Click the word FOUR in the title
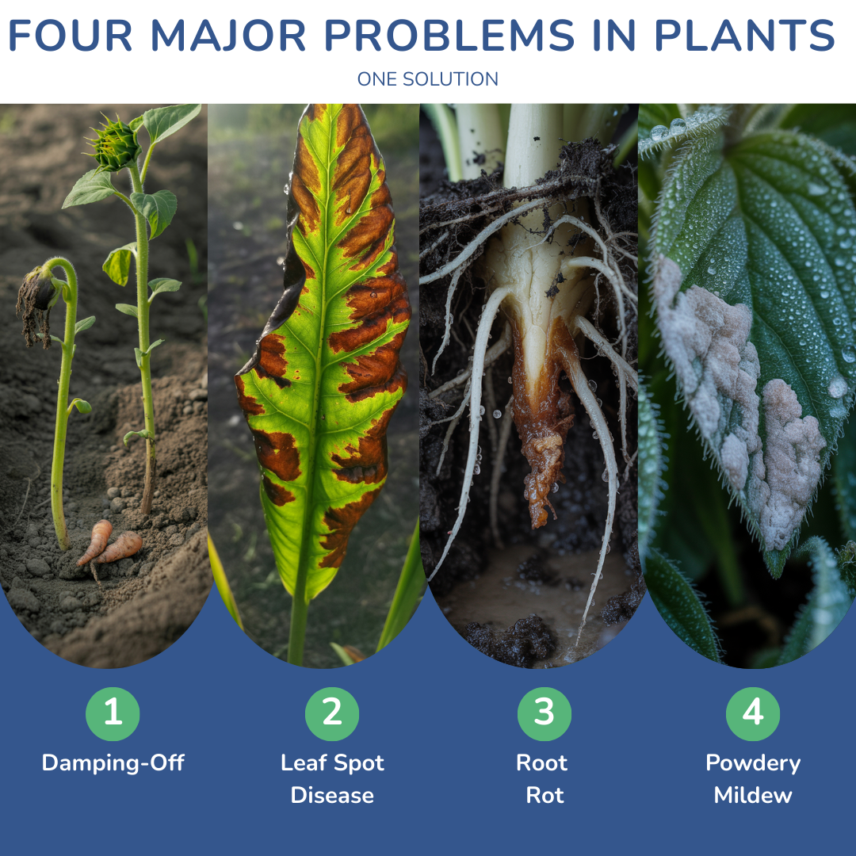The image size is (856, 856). pyautogui.click(x=71, y=36)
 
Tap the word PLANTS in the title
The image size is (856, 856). pyautogui.click(x=744, y=36)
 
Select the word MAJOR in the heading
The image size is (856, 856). pyautogui.click(x=227, y=36)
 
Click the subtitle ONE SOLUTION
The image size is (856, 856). pyautogui.click(x=427, y=79)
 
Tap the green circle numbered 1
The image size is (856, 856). pyautogui.click(x=113, y=713)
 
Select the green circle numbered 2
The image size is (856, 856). pyautogui.click(x=332, y=713)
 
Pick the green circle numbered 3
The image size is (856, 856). pyautogui.click(x=545, y=713)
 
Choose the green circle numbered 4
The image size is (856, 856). pyautogui.click(x=753, y=713)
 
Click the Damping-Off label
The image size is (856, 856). pyautogui.click(x=113, y=763)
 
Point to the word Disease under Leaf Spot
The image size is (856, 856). pyautogui.click(x=332, y=796)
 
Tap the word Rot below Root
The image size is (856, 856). pyautogui.click(x=545, y=796)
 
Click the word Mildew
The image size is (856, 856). pyautogui.click(x=753, y=796)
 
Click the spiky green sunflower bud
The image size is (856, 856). pyautogui.click(x=115, y=143)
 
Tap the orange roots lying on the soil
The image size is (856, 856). pyautogui.click(x=110, y=543)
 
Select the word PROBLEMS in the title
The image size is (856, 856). pyautogui.click(x=449, y=36)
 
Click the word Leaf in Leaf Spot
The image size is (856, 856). pyautogui.click(x=304, y=762)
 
